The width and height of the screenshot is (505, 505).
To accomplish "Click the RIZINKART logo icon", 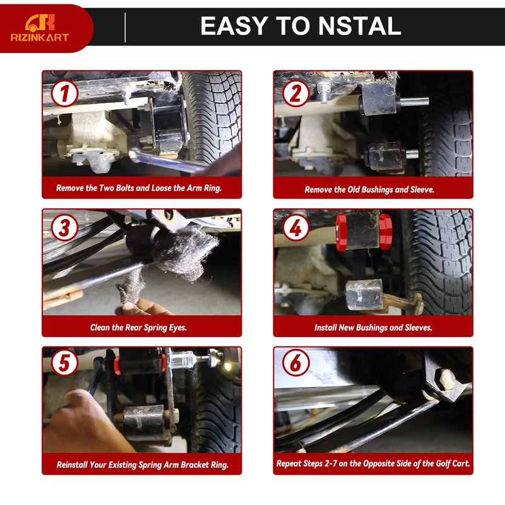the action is point(40,23).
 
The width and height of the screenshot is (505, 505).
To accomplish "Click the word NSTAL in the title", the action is point(360,26).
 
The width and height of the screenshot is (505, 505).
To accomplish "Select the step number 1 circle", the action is point(65,93).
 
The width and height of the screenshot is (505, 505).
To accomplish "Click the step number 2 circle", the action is point(296,93).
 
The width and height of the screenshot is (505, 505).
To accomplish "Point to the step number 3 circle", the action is point(65,228).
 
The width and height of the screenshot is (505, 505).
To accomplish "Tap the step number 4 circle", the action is point(296,228).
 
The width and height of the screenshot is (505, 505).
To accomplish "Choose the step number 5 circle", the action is point(65,362).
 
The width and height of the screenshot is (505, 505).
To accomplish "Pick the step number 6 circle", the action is point(296,362).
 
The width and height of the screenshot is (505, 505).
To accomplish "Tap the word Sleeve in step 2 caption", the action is point(422,189).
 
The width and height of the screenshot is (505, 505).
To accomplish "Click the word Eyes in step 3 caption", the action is point(177,328).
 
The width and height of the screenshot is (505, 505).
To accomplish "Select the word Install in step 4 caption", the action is point(325,328).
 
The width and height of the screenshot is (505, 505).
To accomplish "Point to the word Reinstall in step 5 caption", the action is point(72,465).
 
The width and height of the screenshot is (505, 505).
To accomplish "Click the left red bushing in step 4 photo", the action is point(341,232).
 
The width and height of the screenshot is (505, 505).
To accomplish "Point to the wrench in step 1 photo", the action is point(167,160).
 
